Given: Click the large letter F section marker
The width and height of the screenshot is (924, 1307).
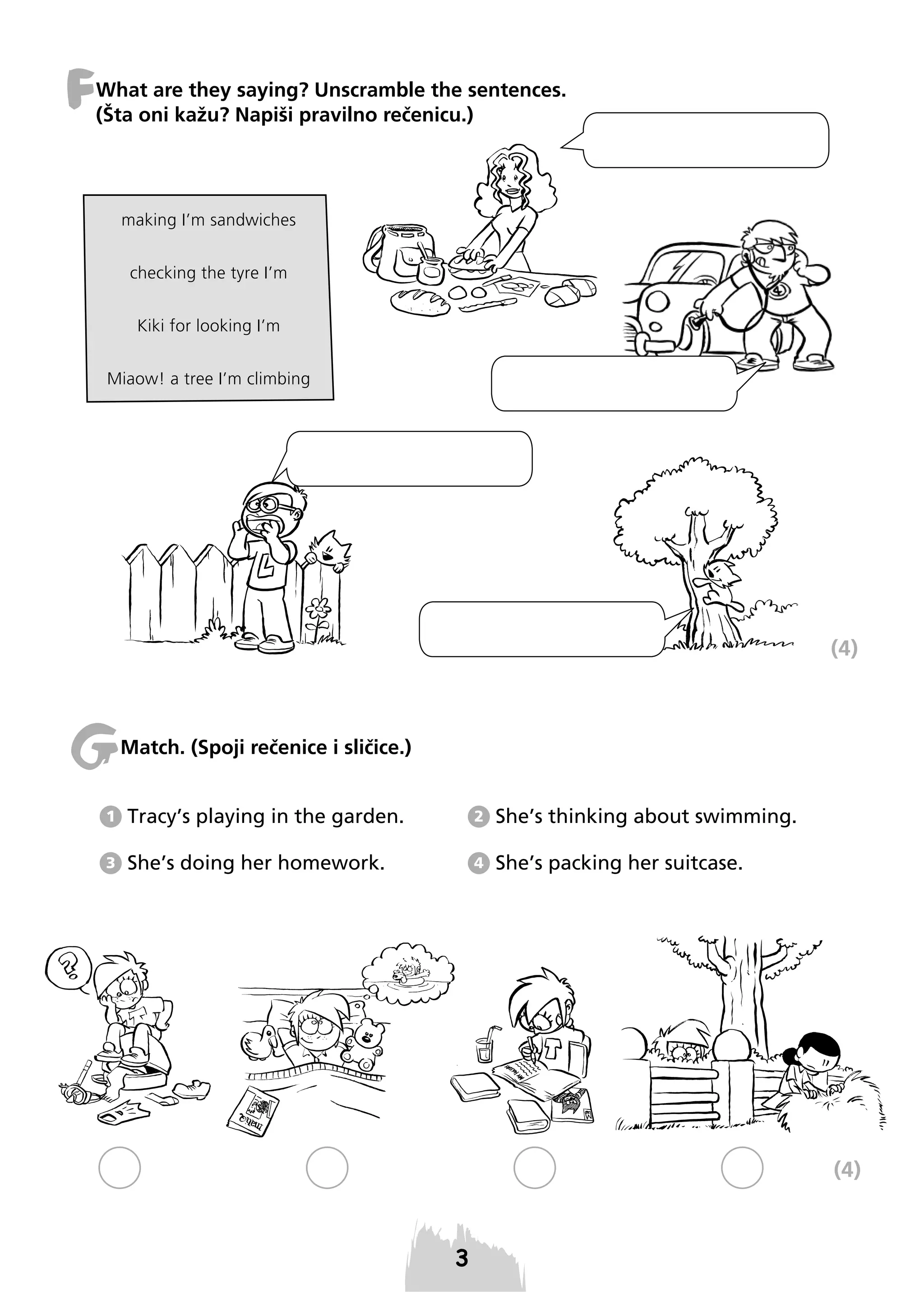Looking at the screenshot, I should [80, 88].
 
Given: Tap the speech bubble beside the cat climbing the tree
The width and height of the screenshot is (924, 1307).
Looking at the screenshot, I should [541, 629].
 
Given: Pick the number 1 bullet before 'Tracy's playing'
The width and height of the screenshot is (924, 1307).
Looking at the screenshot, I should [111, 817].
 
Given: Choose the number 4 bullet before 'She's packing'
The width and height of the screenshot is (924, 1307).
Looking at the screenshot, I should [478, 864].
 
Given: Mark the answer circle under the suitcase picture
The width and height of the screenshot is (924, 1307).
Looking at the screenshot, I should [120, 1168].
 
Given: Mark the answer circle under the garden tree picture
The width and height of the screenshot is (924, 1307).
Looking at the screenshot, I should [742, 1168].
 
